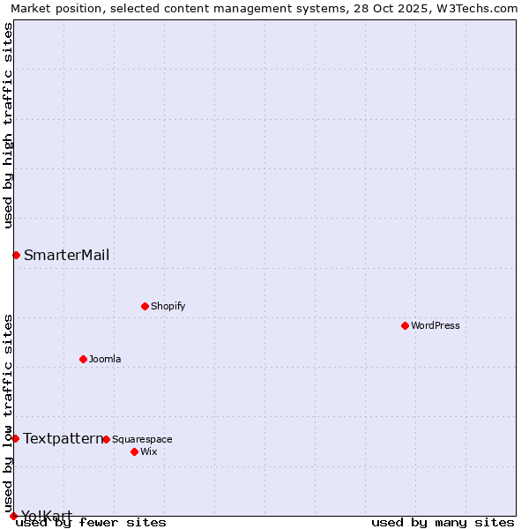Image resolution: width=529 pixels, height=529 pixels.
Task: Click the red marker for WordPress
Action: pyautogui.click(x=405, y=325)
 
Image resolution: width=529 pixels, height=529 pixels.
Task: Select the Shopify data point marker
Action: pyautogui.click(x=145, y=306)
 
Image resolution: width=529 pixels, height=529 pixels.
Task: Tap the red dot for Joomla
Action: pyautogui.click(x=83, y=359)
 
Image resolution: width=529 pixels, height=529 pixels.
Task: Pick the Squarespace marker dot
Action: pyautogui.click(x=106, y=439)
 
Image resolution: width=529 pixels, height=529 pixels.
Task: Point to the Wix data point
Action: pyautogui.click(x=134, y=451)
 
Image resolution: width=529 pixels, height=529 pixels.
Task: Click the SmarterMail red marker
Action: pyautogui.click(x=16, y=255)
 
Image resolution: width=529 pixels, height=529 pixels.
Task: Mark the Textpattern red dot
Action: pyautogui.click(x=15, y=438)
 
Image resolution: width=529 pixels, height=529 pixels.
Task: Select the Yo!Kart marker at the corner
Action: pyautogui.click(x=13, y=516)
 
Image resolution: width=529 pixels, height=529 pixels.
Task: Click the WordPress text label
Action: pyautogui.click(x=435, y=325)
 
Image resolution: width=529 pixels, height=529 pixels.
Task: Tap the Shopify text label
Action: pyautogui.click(x=168, y=306)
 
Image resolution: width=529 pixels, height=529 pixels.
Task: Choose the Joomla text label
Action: pyautogui.click(x=105, y=359)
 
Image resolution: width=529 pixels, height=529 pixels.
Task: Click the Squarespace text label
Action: pyautogui.click(x=142, y=439)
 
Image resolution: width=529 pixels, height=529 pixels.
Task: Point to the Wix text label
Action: pyautogui.click(x=148, y=451)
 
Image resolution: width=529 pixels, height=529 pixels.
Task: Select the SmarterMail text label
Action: pyautogui.click(x=67, y=255)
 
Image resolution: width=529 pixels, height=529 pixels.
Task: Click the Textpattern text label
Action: pyautogui.click(x=63, y=438)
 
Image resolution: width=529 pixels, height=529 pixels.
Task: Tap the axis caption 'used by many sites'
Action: pyautogui.click(x=443, y=522)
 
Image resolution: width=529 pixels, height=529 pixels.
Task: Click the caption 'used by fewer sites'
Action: pyautogui.click(x=91, y=522)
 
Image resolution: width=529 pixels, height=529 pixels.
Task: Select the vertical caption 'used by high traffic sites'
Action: pyautogui.click(x=9, y=126)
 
